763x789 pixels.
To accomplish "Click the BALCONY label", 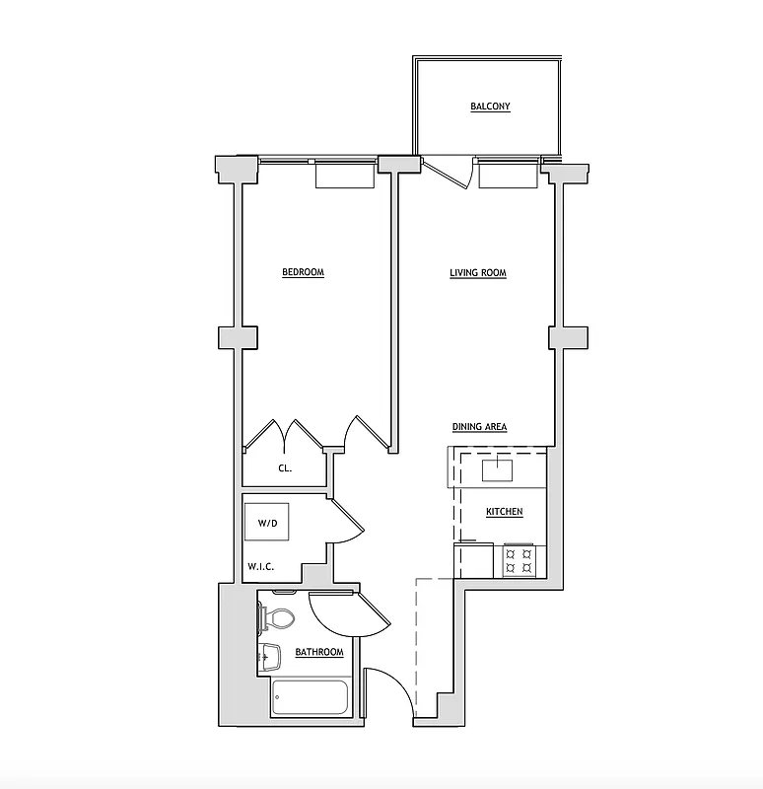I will [490, 107].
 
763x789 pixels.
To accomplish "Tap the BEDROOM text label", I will [303, 272].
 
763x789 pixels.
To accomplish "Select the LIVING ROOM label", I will [478, 272].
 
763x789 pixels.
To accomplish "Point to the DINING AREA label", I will [479, 427].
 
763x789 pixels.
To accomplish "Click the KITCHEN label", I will [504, 512].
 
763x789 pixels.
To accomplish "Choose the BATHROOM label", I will [319, 652].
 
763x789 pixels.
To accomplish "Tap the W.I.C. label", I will [260, 566].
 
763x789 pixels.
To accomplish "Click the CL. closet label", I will [284, 469].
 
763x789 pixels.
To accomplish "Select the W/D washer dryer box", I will [267, 523].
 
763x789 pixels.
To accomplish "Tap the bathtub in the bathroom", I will [310, 697].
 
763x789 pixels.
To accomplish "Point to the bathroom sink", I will [268, 656].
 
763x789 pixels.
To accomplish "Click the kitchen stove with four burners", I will [519, 561].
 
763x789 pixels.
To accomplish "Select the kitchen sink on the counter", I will [498, 468].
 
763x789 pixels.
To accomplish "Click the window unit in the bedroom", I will [344, 175].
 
